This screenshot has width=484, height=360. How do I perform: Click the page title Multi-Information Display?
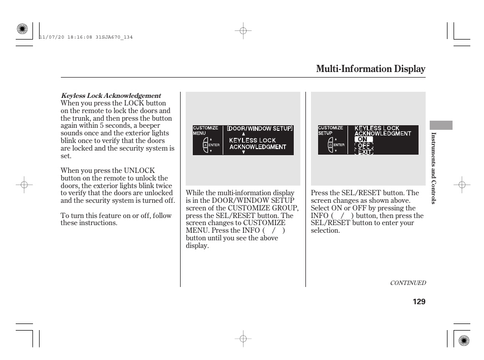pyautogui.click(x=370, y=69)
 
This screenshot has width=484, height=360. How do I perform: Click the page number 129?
pyautogui.click(x=419, y=302)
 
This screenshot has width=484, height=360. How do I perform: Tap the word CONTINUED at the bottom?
pyautogui.click(x=407, y=283)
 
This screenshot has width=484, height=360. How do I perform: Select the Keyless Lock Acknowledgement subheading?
pyautogui.click(x=111, y=95)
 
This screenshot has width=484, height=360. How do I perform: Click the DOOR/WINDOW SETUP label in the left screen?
pyautogui.click(x=259, y=128)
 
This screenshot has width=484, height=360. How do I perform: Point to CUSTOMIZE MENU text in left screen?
pyautogui.click(x=205, y=130)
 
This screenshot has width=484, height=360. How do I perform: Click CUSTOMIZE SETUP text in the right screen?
pyautogui.click(x=330, y=130)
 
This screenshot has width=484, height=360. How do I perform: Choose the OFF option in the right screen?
pyautogui.click(x=364, y=146)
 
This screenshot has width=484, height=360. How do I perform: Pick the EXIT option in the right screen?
pyautogui.click(x=364, y=152)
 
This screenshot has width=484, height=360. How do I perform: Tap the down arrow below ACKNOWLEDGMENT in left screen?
pyautogui.click(x=244, y=152)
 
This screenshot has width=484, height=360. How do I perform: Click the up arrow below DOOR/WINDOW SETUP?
pyautogui.click(x=244, y=134)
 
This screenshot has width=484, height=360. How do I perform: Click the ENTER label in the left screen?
pyautogui.click(x=214, y=145)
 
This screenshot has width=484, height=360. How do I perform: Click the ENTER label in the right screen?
pyautogui.click(x=339, y=145)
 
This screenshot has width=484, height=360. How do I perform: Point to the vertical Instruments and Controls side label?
pyautogui.click(x=434, y=168)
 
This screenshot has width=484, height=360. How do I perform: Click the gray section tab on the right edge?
pyautogui.click(x=440, y=125)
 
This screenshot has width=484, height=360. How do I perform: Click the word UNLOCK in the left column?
pyautogui.click(x=140, y=171)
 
